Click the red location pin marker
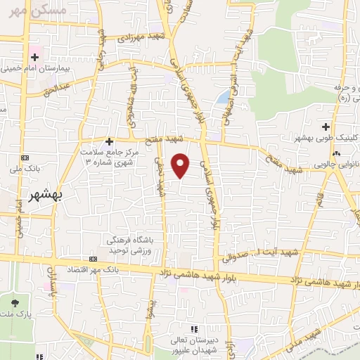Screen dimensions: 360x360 tap(181, 165)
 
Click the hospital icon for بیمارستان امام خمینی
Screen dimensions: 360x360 tap(33, 56)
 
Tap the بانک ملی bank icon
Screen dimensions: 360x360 tap(27, 157)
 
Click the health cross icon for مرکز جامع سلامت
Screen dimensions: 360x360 tap(109, 141)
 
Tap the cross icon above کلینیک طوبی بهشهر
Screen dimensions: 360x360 tap(324, 127)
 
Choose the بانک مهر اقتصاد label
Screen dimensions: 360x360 tap(112, 270)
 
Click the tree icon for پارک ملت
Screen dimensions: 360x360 tap(15, 302)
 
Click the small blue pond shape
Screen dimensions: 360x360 tap(223, 97)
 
